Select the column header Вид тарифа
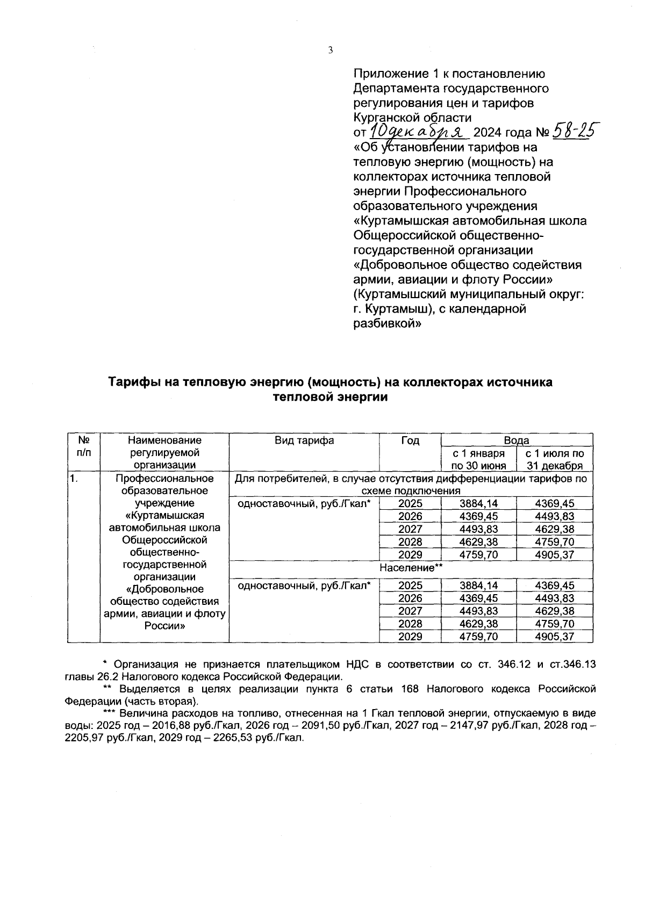(304, 440)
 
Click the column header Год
(410, 440)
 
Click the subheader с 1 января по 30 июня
(478, 459)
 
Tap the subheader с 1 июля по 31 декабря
(555, 459)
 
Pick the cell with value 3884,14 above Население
(478, 504)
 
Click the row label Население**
(411, 568)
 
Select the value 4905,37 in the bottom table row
(555, 637)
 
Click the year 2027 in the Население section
(410, 611)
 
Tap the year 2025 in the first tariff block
(410, 504)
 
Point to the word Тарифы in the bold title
(131, 382)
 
